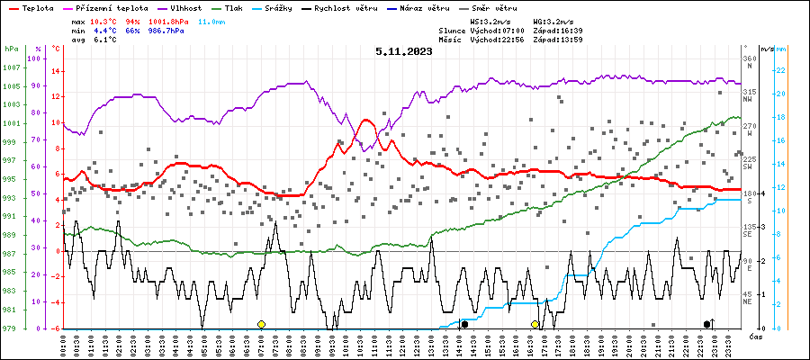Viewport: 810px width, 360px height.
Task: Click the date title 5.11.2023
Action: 404,51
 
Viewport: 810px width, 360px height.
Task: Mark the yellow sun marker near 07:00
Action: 261,324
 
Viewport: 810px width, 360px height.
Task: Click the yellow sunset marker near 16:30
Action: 535,324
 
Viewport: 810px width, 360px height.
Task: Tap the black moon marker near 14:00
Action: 464,324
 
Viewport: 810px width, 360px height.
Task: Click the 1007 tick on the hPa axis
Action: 12,67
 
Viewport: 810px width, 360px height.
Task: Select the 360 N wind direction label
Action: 749,63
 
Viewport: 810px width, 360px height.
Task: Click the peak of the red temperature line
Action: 365,120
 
